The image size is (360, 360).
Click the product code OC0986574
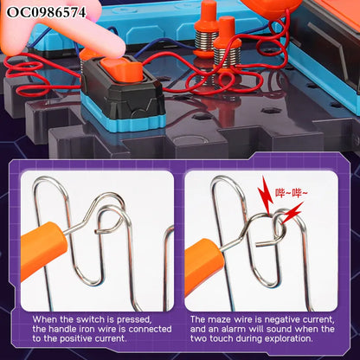46,12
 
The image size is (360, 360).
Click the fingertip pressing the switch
111,48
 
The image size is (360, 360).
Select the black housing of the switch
123,88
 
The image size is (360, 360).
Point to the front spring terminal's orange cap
228,33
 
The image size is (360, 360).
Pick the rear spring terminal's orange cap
207,16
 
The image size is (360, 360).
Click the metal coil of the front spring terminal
228,57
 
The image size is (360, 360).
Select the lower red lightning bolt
292,214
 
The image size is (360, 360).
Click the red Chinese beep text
292,193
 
